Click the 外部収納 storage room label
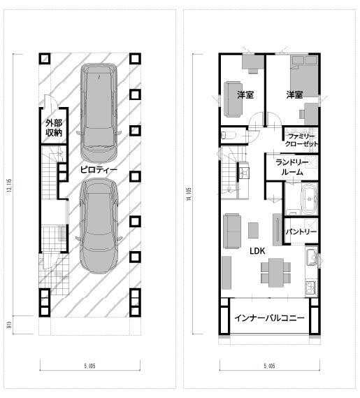coord(54,128)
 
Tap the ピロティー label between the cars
coord(99,169)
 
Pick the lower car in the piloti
coord(99,225)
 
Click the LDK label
coord(257,251)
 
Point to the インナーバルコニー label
coord(269,318)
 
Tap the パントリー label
coord(301,232)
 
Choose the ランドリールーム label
coord(292,167)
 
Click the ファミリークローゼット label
coord(301,140)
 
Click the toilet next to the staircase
coord(229,135)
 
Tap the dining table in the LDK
coord(276,273)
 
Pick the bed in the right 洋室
coord(304,76)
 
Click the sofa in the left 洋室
coord(232,99)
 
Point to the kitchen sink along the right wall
coord(311,257)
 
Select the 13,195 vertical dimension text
coord(9,185)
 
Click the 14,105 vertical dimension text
coord(189,194)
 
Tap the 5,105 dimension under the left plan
coord(89,366)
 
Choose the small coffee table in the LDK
coord(253,230)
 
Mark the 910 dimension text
coord(9,325)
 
